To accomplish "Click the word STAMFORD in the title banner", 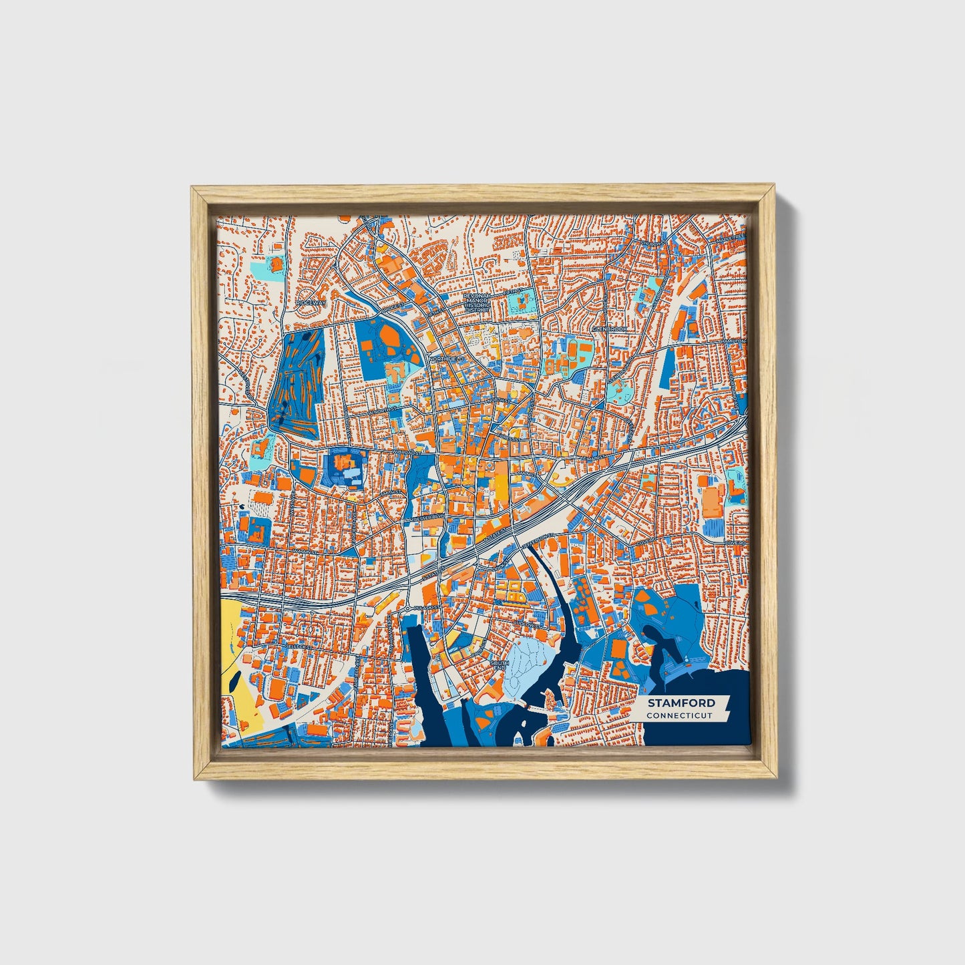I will (681, 703).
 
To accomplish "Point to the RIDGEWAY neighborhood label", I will (311, 303).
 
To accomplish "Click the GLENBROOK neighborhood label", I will (608, 329).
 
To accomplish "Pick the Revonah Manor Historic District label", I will (477, 302).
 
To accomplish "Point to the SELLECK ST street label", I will (296, 646).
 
